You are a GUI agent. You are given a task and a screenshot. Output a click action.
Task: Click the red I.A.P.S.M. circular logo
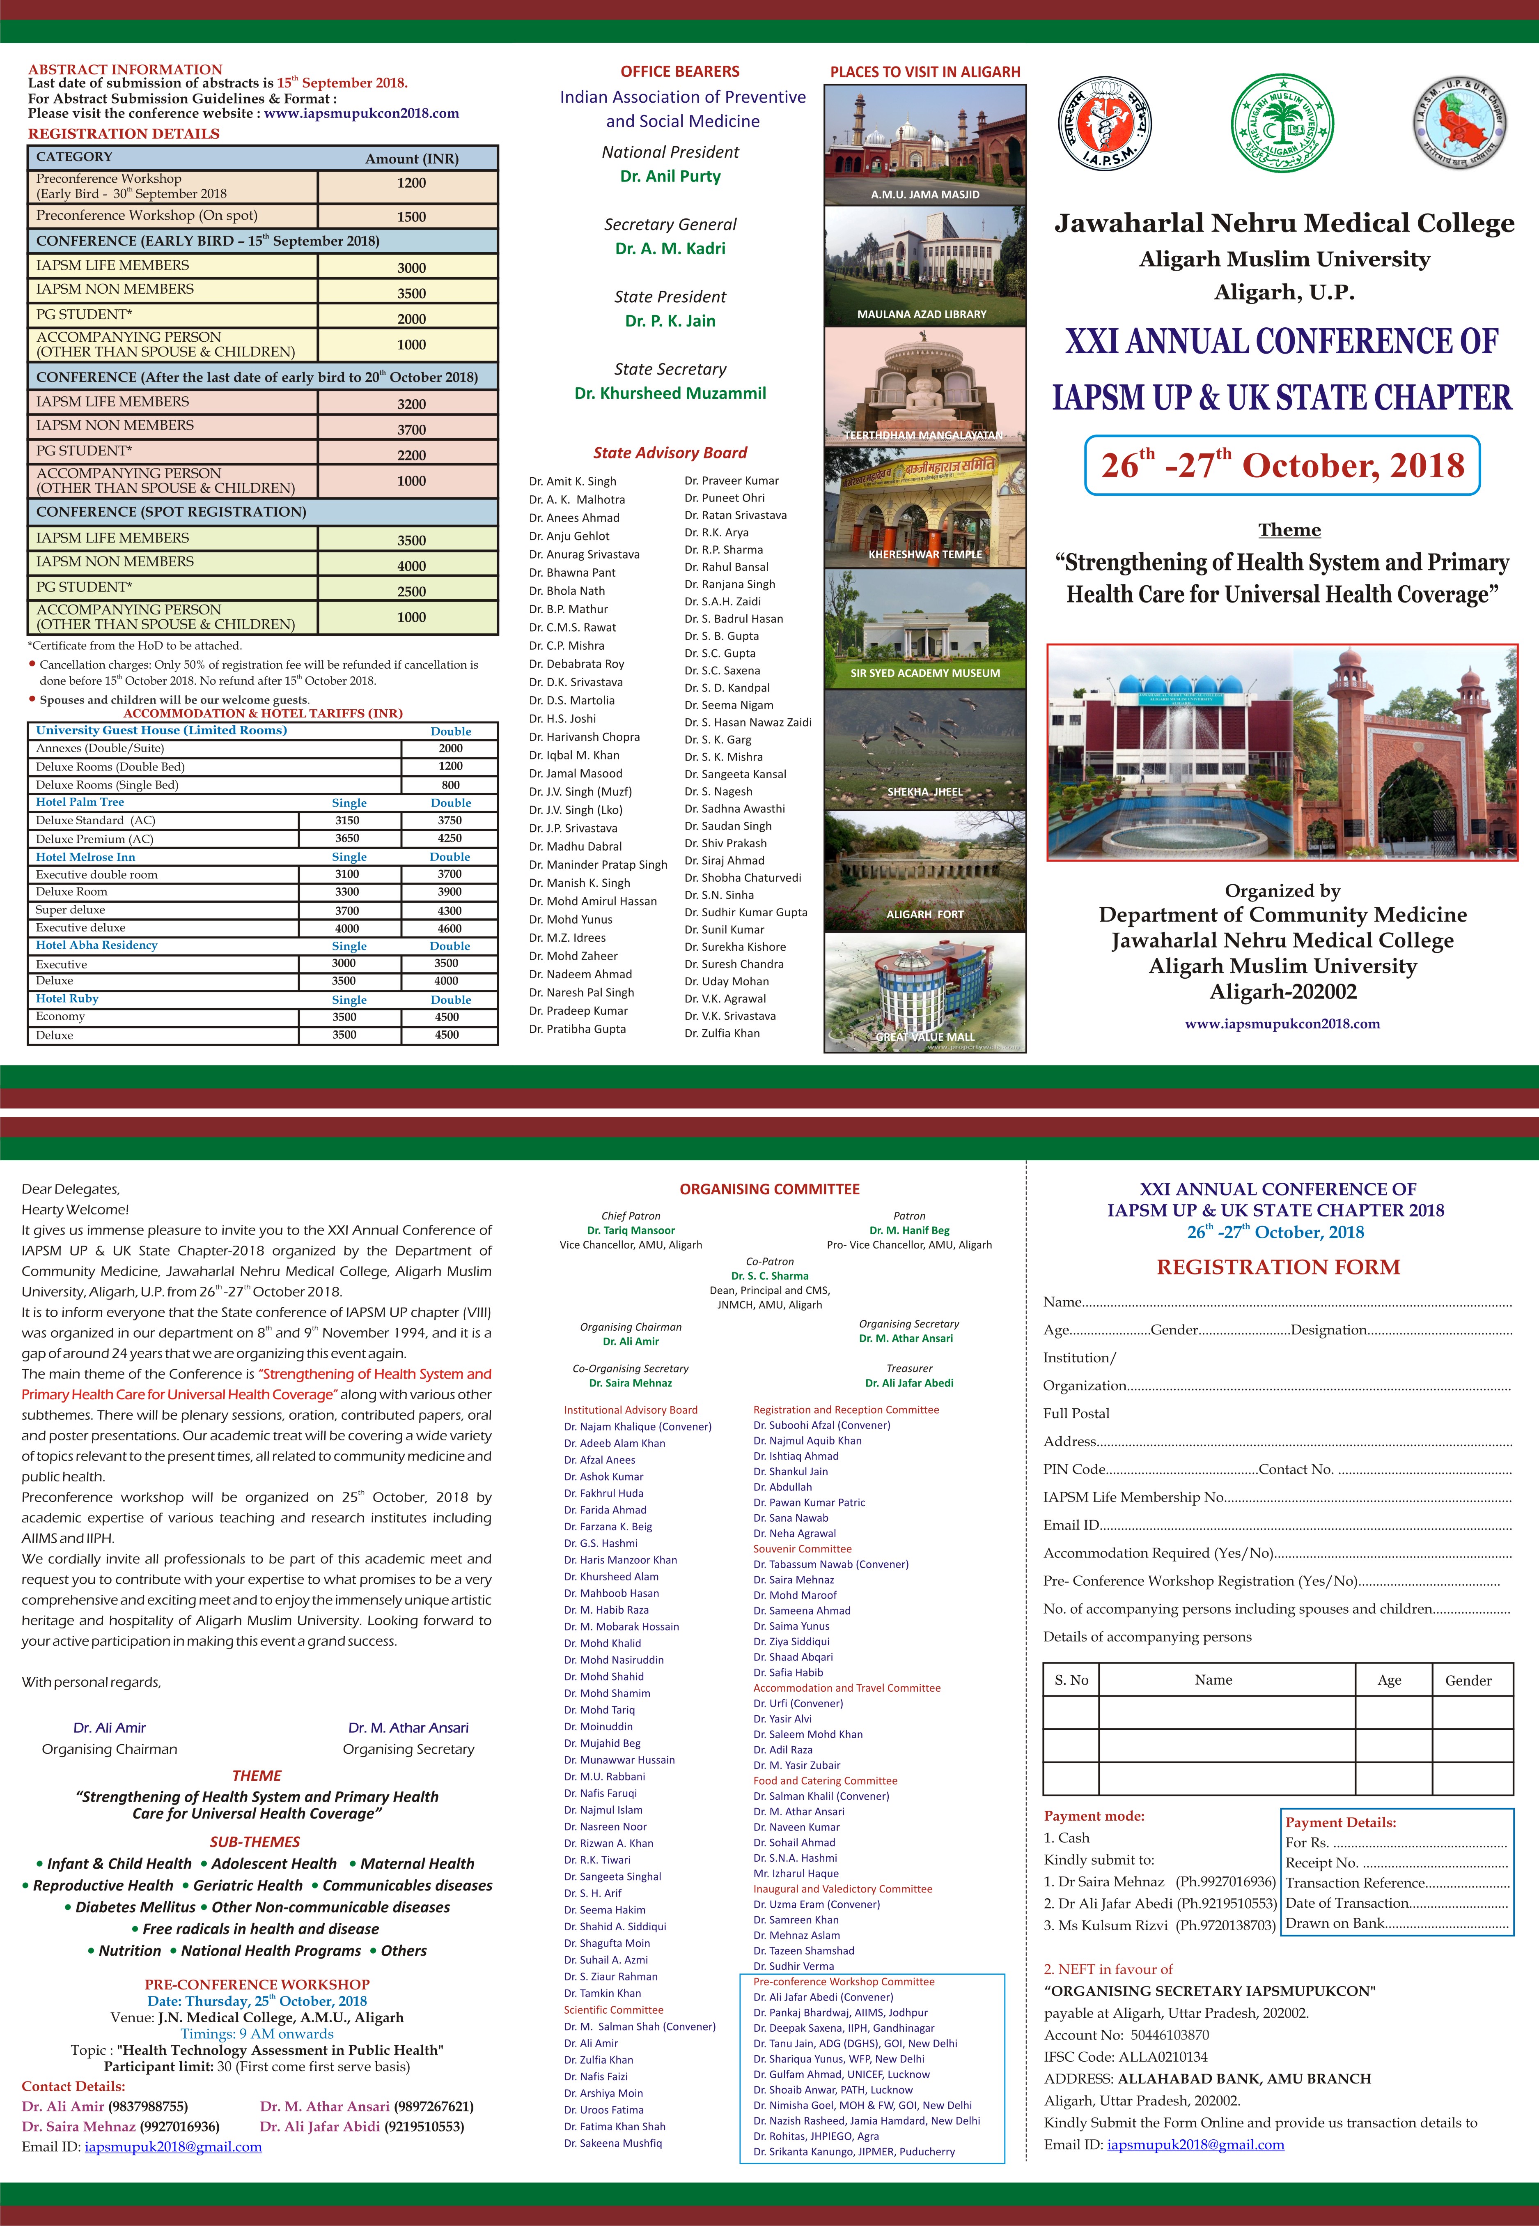point(1104,124)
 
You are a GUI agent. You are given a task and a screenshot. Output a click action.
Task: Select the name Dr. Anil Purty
point(670,177)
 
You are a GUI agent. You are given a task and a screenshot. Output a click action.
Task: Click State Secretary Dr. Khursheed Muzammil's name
point(670,393)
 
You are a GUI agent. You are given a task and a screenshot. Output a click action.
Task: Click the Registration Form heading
point(1278,1267)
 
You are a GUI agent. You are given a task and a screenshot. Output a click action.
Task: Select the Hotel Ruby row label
point(67,999)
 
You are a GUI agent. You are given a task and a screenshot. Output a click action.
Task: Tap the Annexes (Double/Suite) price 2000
point(450,748)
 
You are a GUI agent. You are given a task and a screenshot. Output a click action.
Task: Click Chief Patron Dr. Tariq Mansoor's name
point(631,1230)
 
